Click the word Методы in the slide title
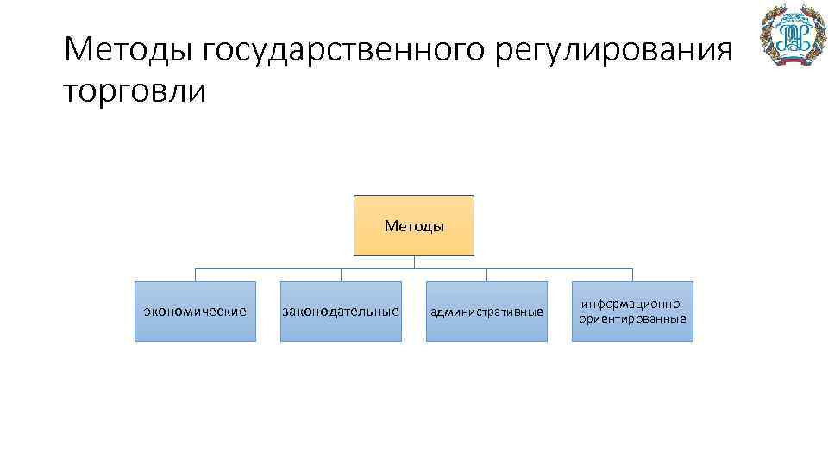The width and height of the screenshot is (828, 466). [x=129, y=50]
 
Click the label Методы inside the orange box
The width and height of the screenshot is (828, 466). [x=414, y=227]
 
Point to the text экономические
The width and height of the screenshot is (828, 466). [x=195, y=311]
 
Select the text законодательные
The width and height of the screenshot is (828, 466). [x=341, y=311]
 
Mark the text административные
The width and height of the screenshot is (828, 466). [x=486, y=312]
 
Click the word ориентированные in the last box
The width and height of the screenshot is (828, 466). [x=633, y=318]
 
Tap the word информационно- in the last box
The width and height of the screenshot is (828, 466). [x=633, y=305]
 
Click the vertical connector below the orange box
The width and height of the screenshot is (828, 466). [x=414, y=262]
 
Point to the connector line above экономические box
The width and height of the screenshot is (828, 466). [x=195, y=274]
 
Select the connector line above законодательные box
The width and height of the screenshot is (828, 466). [x=341, y=274]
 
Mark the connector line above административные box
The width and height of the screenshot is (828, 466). [x=486, y=274]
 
